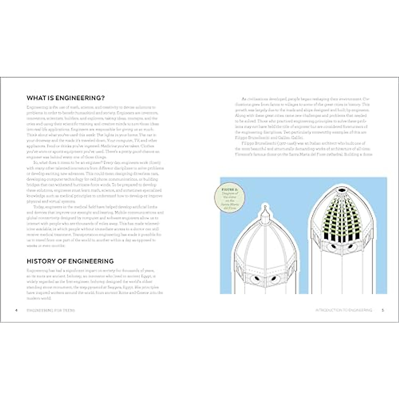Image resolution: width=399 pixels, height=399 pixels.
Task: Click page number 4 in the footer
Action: [16, 310]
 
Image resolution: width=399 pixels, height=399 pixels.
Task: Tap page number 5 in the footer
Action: [383, 310]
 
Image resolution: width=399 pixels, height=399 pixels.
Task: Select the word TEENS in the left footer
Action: [68, 310]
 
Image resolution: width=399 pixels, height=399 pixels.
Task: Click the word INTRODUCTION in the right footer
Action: [329, 310]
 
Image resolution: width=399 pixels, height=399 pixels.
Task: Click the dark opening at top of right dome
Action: [342, 190]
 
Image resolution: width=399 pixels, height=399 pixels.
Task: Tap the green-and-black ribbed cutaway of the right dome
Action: [342, 216]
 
